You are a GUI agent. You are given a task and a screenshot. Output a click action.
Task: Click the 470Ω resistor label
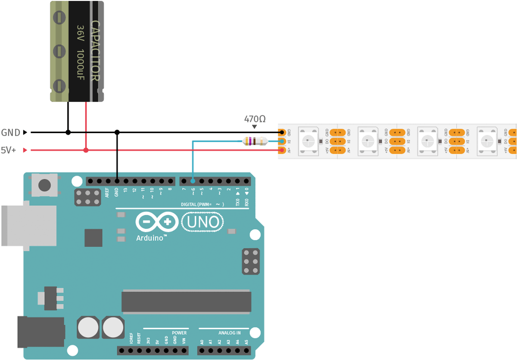click(255, 118)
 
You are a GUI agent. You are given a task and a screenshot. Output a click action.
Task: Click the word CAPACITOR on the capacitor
click(95, 51)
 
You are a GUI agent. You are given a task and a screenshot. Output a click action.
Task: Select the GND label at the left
click(11, 133)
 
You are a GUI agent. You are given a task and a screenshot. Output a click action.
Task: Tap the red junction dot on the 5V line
click(86, 150)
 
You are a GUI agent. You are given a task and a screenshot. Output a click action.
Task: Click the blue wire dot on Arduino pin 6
click(193, 181)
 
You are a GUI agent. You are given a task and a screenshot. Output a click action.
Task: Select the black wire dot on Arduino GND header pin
click(117, 181)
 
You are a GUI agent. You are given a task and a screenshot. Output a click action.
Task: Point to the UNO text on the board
click(203, 223)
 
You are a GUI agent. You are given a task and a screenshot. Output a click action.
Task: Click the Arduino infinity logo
click(157, 222)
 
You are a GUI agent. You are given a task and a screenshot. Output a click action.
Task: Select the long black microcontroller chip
click(186, 301)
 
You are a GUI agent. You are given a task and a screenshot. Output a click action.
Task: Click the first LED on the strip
click(308, 140)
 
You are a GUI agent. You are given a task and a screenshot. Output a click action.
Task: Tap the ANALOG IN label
click(230, 333)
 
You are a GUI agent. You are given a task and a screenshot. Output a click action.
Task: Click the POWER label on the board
click(179, 333)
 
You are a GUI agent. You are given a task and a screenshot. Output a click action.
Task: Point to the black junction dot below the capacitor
click(68, 133)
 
